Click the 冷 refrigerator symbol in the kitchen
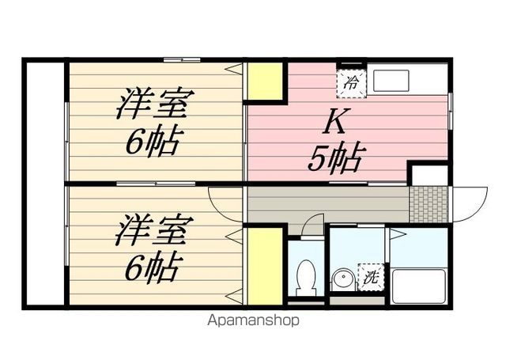[x=352, y=83]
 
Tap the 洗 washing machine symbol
[x=371, y=277]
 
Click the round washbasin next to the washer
[x=343, y=279]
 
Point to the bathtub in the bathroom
[x=418, y=286]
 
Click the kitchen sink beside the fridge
[x=391, y=81]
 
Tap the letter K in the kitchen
[x=338, y=121]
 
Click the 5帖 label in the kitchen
[x=334, y=159]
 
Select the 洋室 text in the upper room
[x=156, y=104]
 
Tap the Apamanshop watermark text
[x=253, y=320]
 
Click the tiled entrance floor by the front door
[x=429, y=204]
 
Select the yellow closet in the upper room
[x=265, y=81]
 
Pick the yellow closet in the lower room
[x=265, y=266]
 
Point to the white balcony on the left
[x=45, y=184]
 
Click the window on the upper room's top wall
[x=182, y=59]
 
